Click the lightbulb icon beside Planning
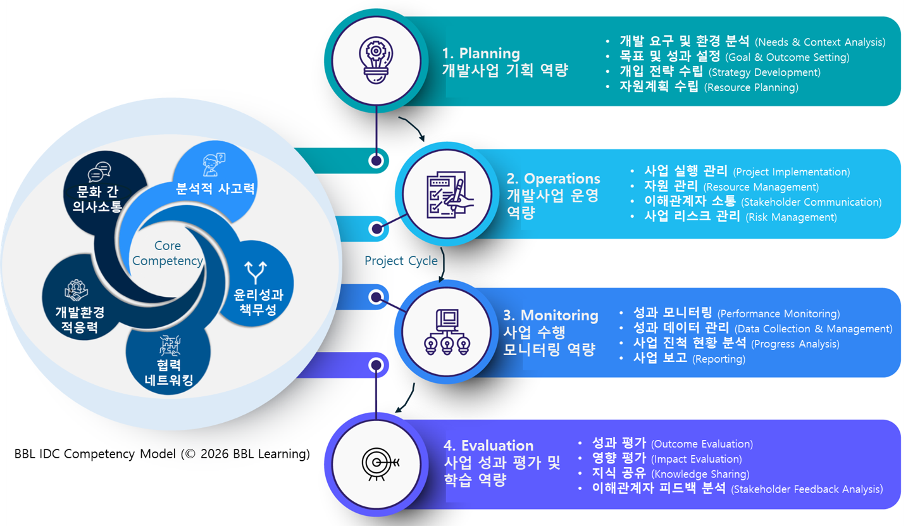pyautogui.click(x=377, y=58)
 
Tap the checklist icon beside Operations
pyautogui.click(x=447, y=194)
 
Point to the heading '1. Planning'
pyautogui.click(x=481, y=53)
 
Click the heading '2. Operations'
pyautogui.click(x=553, y=179)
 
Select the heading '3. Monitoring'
pyautogui.click(x=550, y=315)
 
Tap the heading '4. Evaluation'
pyautogui.click(x=488, y=446)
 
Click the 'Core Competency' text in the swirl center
pyautogui.click(x=168, y=253)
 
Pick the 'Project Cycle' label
pyautogui.click(x=401, y=261)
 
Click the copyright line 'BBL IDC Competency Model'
pyautogui.click(x=162, y=454)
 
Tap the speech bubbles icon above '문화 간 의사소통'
pyautogui.click(x=99, y=172)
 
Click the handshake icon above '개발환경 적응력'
pyautogui.click(x=76, y=290)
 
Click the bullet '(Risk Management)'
pyautogui.click(x=791, y=217)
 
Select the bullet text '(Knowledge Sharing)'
pyautogui.click(x=700, y=474)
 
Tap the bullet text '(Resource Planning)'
pyautogui.click(x=751, y=87)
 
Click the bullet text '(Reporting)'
pyautogui.click(x=719, y=359)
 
